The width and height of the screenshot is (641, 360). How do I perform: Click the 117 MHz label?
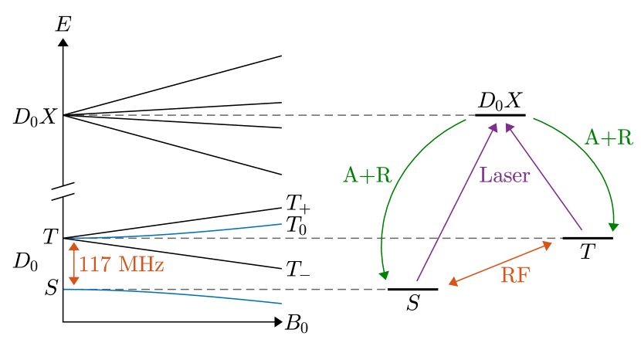(121, 265)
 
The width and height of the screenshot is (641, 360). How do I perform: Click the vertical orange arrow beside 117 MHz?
(73, 263)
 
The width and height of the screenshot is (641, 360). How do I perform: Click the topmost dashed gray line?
(270, 115)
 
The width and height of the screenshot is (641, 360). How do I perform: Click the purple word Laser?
(504, 175)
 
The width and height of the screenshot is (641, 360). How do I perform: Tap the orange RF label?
(515, 275)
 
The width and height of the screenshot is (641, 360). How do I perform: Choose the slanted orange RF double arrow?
(500, 264)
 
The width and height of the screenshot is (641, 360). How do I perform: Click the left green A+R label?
(367, 176)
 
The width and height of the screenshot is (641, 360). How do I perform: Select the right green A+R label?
(608, 138)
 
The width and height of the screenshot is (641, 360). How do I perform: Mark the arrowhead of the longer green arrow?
(383, 275)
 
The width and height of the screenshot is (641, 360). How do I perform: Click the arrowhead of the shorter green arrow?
(613, 227)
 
